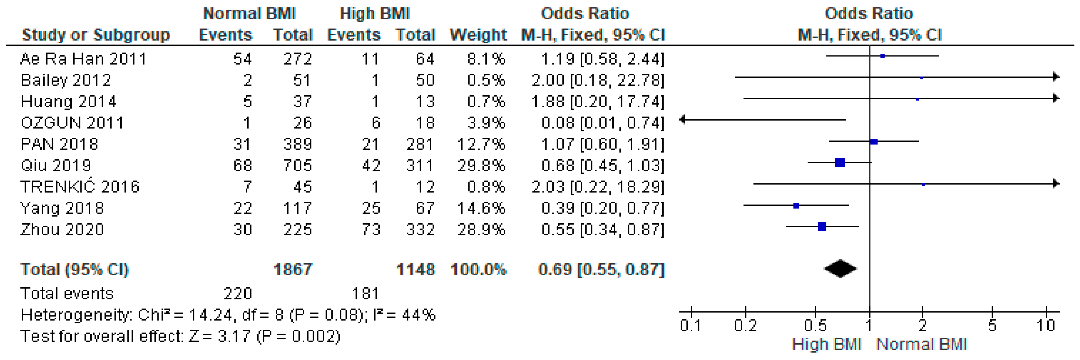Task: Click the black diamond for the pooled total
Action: point(840,269)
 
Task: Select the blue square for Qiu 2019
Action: point(839,162)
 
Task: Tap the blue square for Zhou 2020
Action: point(822,227)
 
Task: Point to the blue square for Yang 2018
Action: point(796,206)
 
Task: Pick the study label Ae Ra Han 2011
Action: point(83,59)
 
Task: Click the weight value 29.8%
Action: point(481,166)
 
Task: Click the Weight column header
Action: point(478,35)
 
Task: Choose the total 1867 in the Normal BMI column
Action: point(293,269)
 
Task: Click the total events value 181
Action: point(365,293)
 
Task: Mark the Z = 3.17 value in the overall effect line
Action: point(220,336)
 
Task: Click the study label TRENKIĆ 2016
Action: point(80,186)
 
